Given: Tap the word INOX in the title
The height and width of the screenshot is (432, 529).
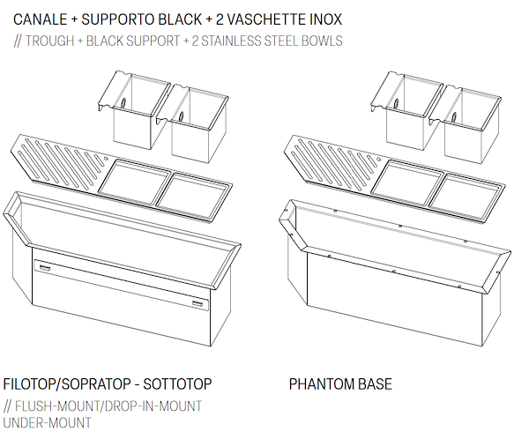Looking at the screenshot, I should click(322, 18).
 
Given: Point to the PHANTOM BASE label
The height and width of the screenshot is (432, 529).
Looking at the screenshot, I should click(340, 384).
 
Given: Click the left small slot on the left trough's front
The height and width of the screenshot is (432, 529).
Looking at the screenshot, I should click(43, 264).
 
